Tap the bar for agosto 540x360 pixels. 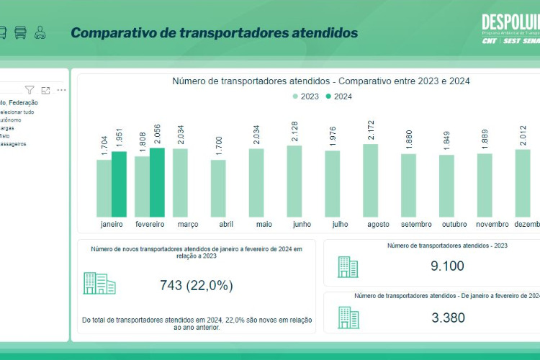tap(370, 181)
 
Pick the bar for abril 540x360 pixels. tap(218, 189)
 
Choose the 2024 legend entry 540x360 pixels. tap(338, 96)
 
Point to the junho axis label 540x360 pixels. tap(302, 225)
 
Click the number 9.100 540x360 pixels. tap(447, 266)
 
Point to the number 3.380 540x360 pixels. tap(447, 318)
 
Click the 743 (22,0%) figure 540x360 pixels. tap(196, 285)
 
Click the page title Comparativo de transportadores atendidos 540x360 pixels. tap(214, 33)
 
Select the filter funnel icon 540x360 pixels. tap(30, 90)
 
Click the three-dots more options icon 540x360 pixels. tap(62, 90)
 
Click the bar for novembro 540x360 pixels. tap(485, 185)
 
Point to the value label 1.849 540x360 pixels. tap(446, 142)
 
